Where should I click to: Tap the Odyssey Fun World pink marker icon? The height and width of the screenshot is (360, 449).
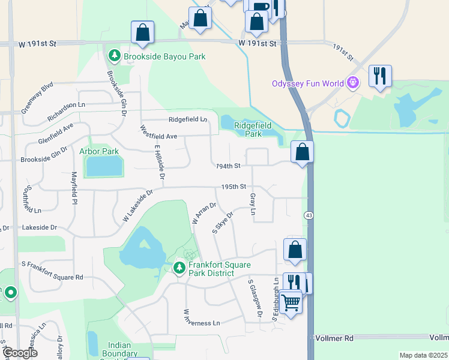pyautogui.click(x=354, y=82)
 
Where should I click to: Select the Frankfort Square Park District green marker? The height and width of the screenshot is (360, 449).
pyautogui.click(x=179, y=268)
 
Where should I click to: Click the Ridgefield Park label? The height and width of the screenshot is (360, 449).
pyautogui.click(x=248, y=130)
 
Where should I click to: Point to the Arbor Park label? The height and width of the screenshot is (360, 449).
pyautogui.click(x=99, y=152)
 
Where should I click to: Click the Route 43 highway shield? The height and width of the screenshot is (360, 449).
pyautogui.click(x=308, y=215)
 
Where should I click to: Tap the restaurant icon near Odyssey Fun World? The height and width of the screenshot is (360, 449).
pyautogui.click(x=379, y=76)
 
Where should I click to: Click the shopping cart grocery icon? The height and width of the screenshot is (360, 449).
pyautogui.click(x=291, y=301)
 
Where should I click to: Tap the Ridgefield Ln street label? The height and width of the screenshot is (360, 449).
pyautogui.click(x=188, y=119)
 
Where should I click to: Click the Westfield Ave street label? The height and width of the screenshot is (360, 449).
pyautogui.click(x=158, y=136)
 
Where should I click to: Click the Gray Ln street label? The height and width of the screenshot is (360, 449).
pyautogui.click(x=253, y=204)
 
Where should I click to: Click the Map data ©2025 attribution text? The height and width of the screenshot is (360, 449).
pyautogui.click(x=423, y=355)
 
